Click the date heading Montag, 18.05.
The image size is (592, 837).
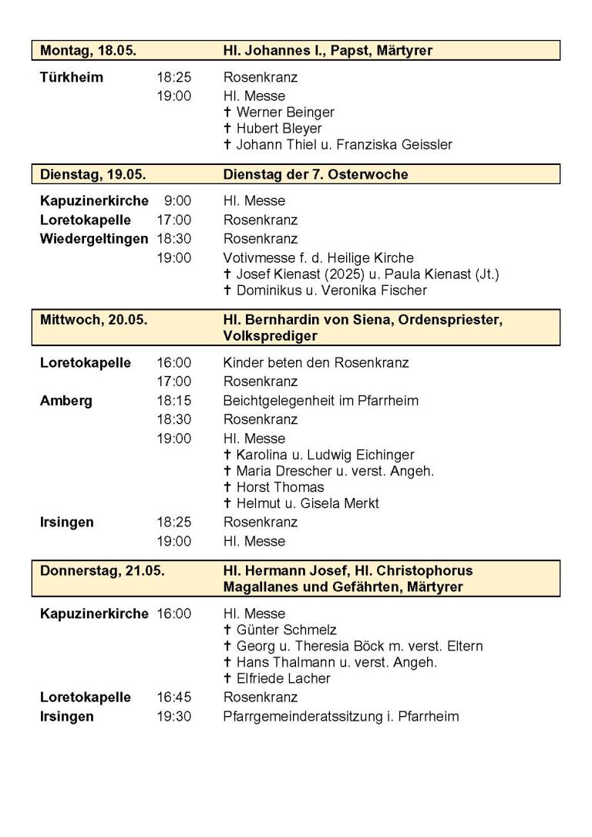click(88, 51)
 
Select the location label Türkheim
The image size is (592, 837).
click(72, 78)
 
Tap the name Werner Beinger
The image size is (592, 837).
click(284, 113)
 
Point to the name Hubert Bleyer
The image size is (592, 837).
click(278, 129)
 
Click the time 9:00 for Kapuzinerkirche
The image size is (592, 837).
click(177, 201)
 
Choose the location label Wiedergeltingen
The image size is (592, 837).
click(94, 239)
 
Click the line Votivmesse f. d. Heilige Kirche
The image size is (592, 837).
click(318, 258)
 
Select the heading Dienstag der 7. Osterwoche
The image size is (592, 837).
click(315, 175)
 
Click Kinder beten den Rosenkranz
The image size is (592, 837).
click(316, 363)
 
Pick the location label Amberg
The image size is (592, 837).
click(66, 401)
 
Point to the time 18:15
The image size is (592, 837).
click(174, 401)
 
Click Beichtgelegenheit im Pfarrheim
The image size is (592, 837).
click(321, 401)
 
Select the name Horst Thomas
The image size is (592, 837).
click(280, 487)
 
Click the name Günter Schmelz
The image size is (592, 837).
click(286, 630)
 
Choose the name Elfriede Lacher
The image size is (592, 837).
click(283, 679)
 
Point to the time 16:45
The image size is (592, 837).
click(174, 697)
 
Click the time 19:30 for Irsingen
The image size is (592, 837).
click(174, 717)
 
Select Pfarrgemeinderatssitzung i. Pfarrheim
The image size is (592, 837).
click(341, 717)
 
